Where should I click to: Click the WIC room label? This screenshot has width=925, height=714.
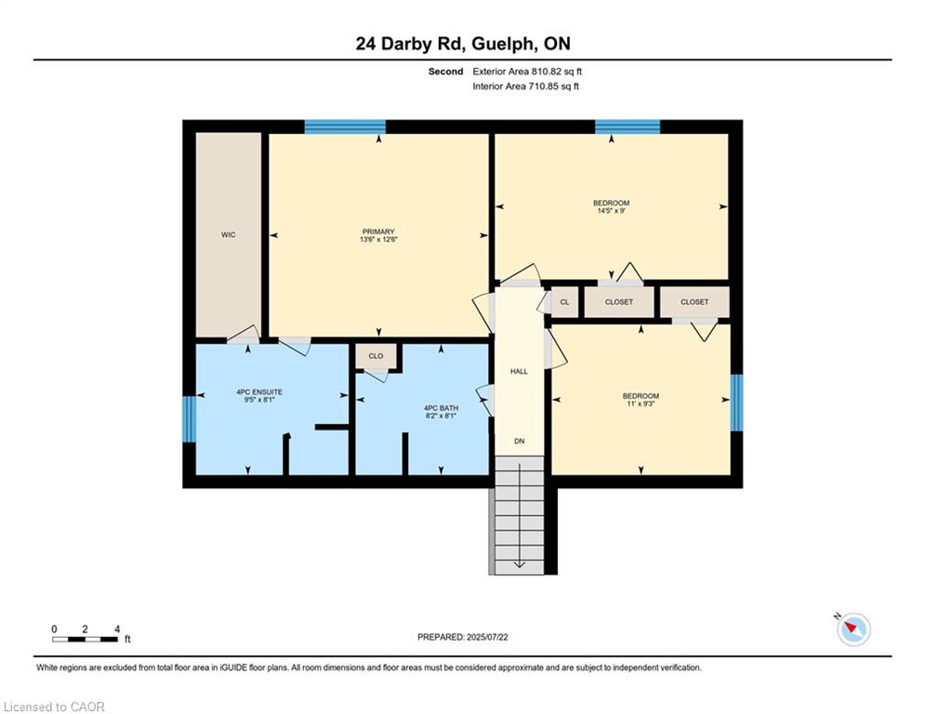tap(229, 235)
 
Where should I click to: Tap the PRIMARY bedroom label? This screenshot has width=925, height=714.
tap(378, 231)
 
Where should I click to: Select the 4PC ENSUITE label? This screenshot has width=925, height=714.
tap(259, 391)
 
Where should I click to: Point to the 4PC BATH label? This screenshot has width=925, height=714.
tap(442, 408)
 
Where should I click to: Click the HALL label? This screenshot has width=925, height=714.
tap(519, 371)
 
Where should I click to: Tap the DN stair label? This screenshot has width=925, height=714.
tap(519, 441)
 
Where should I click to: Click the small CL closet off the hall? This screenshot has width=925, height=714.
tap(564, 301)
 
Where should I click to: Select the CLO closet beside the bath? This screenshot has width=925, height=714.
tap(376, 356)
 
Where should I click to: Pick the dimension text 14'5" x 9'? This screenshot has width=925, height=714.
tap(611, 211)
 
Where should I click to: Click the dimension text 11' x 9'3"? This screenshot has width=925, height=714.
tap(641, 403)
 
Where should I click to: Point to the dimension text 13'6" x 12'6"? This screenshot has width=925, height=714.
tap(378, 240)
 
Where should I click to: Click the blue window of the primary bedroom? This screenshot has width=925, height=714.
tap(345, 126)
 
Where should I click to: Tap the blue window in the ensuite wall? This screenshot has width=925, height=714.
tap(189, 419)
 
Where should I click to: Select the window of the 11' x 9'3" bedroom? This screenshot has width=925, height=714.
tap(737, 403)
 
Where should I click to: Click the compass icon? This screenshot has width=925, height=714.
tap(853, 629)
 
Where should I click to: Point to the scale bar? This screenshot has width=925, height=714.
tap(85, 639)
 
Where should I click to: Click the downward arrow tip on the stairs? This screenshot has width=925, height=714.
tap(519, 568)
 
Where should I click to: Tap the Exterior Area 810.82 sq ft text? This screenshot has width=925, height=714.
tap(527, 72)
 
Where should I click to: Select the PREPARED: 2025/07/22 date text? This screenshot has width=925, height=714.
tap(463, 637)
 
